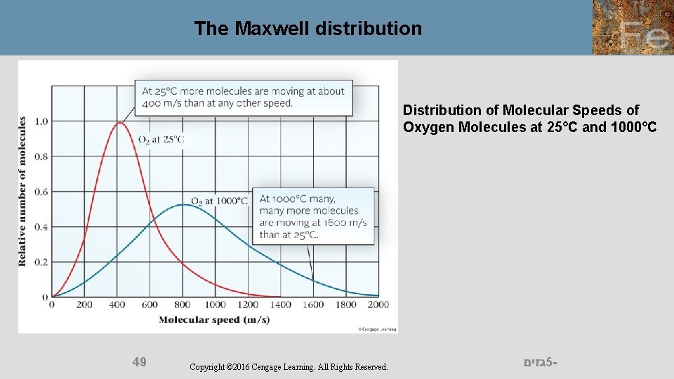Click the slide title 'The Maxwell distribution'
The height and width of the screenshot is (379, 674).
coord(308,29)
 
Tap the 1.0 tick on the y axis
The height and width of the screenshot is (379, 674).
coord(41,121)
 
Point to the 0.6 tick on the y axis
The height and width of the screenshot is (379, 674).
coord(41,192)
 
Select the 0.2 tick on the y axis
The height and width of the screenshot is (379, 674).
coord(41,262)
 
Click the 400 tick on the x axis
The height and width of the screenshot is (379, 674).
coord(117,305)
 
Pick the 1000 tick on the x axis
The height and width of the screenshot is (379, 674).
coord(215,305)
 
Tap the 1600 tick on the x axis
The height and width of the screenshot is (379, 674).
coord(313,305)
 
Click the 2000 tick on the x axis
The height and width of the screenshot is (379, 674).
coord(378,305)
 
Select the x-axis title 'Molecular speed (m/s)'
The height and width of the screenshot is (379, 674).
coord(214,320)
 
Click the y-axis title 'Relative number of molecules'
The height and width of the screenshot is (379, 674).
coord(22,191)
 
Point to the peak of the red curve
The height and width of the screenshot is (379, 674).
coord(120,123)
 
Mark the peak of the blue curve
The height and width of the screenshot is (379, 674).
coord(183,205)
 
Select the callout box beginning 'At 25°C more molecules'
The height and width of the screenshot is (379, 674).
coord(244,97)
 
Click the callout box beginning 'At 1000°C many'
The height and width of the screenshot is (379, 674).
coord(313,216)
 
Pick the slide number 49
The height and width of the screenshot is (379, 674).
coord(139,362)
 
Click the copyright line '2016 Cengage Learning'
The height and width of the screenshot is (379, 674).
coord(289,367)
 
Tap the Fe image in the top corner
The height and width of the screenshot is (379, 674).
coord(632,27)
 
